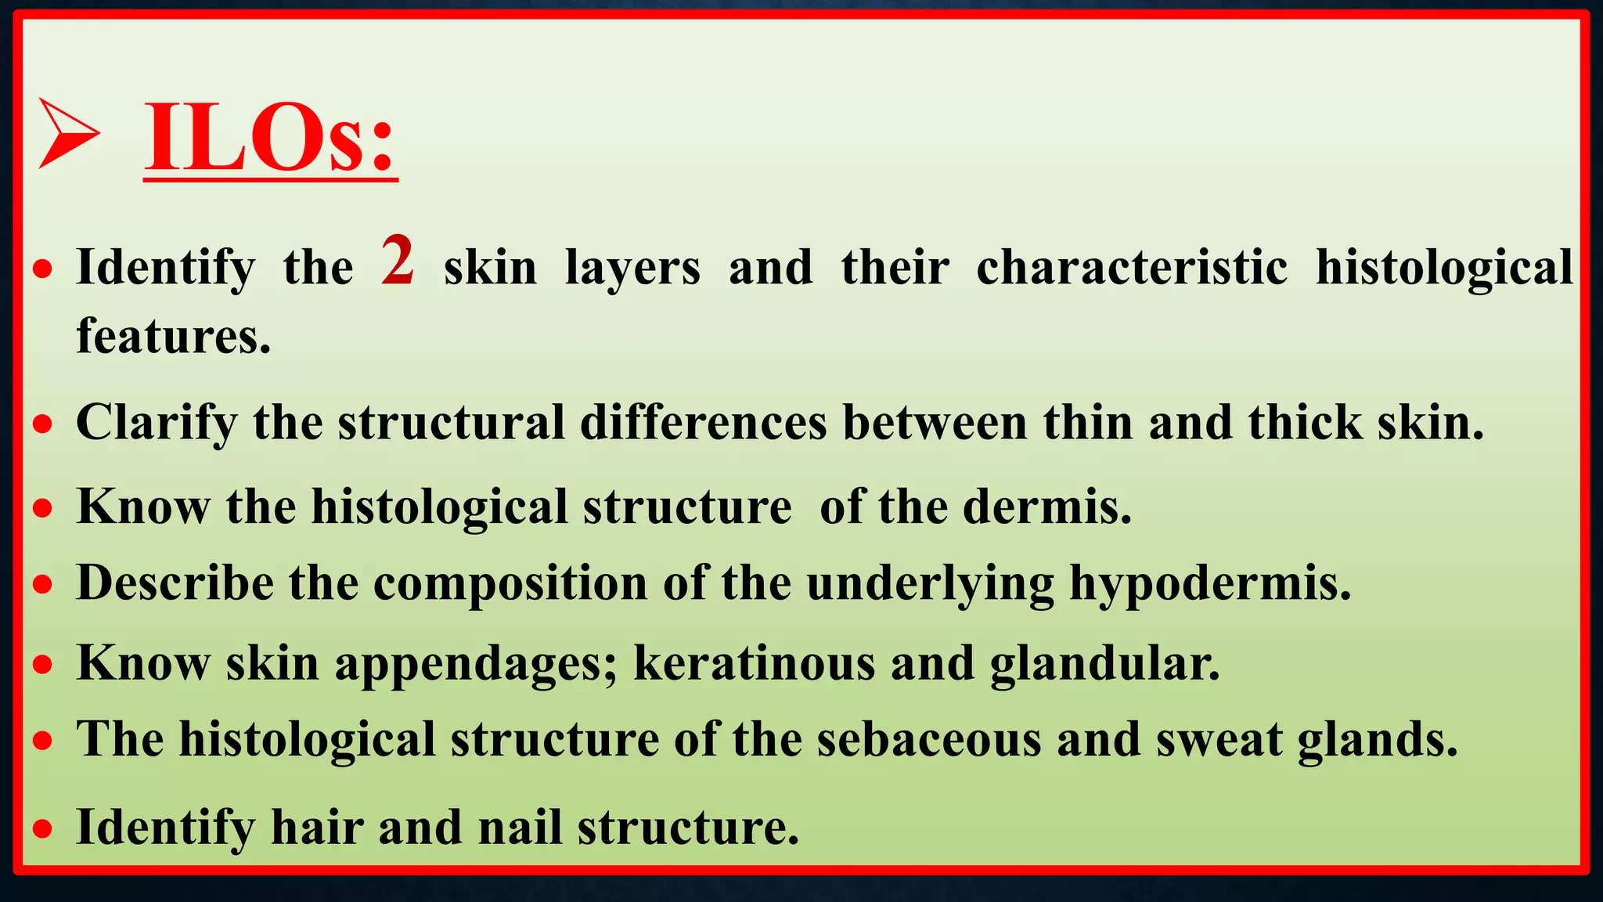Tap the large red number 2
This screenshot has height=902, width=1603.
point(398,261)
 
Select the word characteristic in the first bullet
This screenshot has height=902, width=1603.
point(1131,268)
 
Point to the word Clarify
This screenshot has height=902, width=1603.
point(156,423)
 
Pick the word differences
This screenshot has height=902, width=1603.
point(703,423)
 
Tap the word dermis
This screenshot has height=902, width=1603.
point(1046,507)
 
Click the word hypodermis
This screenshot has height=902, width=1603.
point(1210,583)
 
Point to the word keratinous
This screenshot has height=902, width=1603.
point(754,664)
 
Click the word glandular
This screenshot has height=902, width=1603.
point(1104,664)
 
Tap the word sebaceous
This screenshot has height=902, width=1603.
point(929,739)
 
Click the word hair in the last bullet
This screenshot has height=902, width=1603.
point(317,827)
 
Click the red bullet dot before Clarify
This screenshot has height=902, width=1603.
point(43,424)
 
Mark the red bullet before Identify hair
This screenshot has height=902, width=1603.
point(43,828)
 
